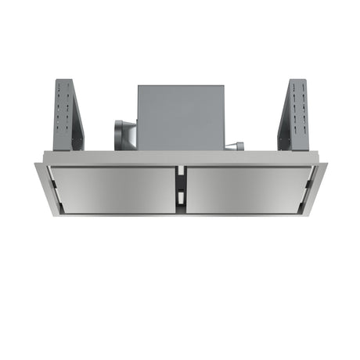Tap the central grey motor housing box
[180, 117]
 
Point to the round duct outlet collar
[123, 134]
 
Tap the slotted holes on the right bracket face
[298, 110]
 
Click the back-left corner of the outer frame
[37, 164]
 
